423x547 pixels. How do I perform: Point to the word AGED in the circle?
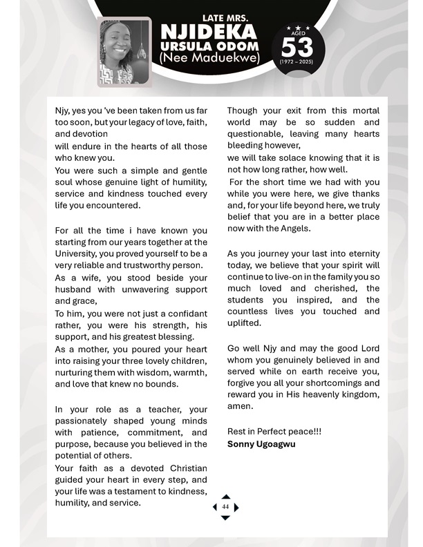[x=297, y=32]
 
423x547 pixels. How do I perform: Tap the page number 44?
[x=225, y=507]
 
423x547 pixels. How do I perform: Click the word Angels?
[x=294, y=229]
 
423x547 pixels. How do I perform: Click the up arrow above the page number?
[x=225, y=496]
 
